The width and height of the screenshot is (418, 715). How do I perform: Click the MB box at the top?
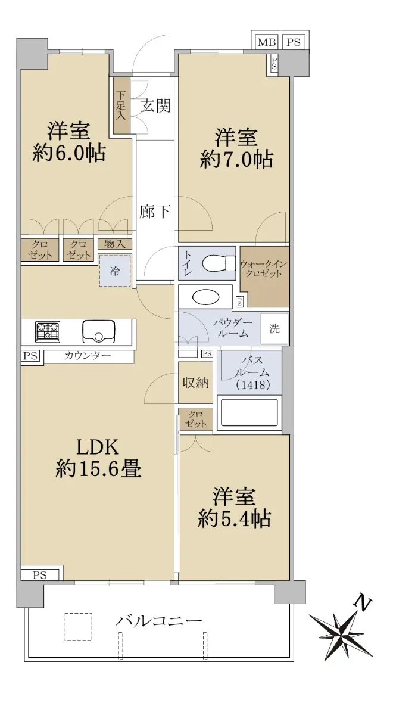click(x=267, y=42)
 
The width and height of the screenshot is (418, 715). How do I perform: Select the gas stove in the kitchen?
click(x=48, y=331)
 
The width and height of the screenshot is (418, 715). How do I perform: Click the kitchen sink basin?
click(x=99, y=331)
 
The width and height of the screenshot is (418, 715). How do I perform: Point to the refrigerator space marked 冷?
click(x=115, y=271)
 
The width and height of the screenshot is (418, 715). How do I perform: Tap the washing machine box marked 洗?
click(x=274, y=328)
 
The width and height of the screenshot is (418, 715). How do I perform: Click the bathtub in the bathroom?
click(x=249, y=412)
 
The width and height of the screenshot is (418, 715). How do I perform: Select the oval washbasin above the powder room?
click(x=206, y=297)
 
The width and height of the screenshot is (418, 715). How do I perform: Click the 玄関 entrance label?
click(x=156, y=105)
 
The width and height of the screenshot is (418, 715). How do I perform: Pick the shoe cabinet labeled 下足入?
click(x=122, y=105)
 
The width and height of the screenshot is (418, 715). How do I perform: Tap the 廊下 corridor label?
click(x=155, y=212)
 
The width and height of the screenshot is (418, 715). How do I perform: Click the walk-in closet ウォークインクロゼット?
click(x=265, y=276)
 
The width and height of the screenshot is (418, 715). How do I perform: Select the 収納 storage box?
click(x=195, y=383)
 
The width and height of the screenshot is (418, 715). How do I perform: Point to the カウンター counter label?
click(x=88, y=355)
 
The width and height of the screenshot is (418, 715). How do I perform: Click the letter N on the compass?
click(x=363, y=602)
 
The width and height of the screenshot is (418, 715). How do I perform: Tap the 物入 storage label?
click(x=114, y=244)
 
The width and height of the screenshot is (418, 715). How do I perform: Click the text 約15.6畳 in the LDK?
click(x=99, y=470)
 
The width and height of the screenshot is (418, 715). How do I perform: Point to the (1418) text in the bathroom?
click(x=254, y=385)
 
